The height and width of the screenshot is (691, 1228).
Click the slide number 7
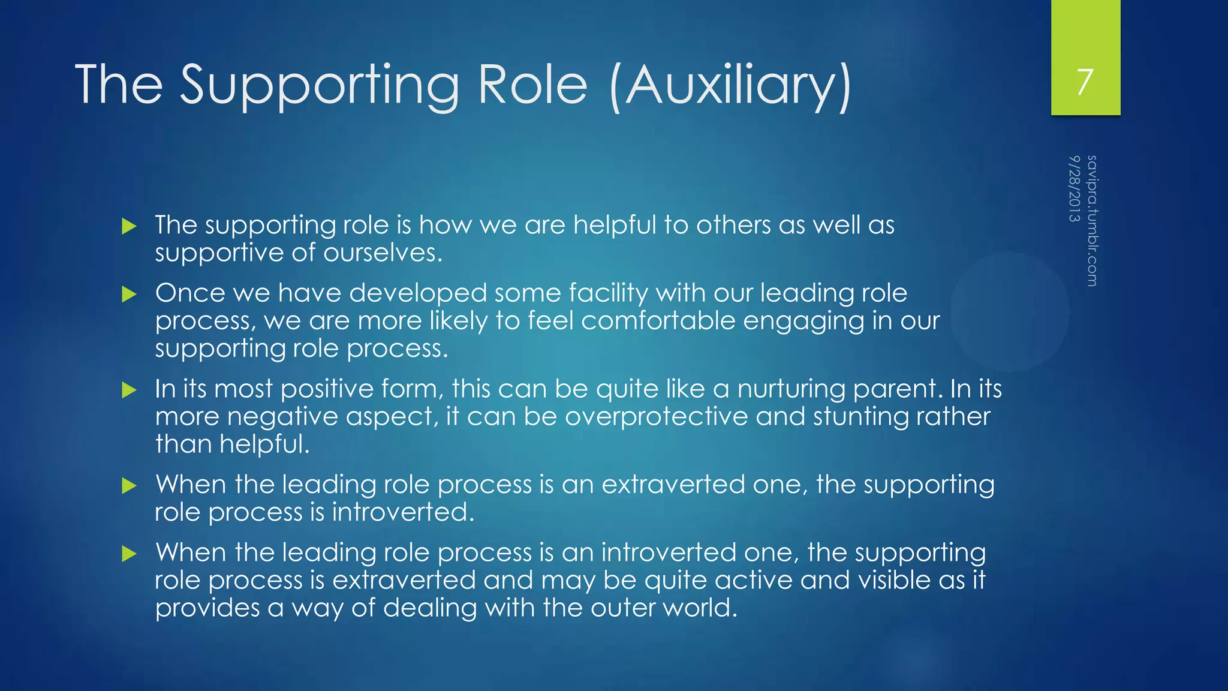coord(1085,82)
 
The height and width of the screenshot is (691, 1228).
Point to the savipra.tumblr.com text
coord(1092,221)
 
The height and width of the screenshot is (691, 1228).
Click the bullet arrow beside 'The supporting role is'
coord(129,227)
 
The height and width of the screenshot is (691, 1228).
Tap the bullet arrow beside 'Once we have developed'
coord(129,295)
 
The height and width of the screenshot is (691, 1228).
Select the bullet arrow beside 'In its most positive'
coord(129,390)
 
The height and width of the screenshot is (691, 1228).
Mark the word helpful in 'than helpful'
coord(264,444)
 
